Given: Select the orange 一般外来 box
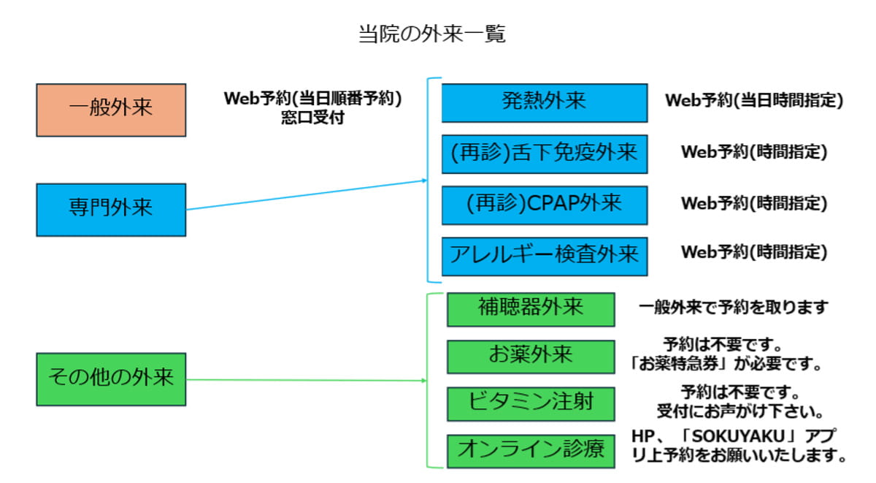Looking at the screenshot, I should pos(111,110).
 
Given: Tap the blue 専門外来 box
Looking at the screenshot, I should pos(111,209).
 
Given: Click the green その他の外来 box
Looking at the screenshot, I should pos(111,379).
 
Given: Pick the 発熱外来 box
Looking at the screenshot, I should pos(544,102).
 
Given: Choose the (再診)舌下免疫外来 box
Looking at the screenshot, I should pos(544,153).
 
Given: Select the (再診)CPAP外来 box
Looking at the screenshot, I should pos(544,205).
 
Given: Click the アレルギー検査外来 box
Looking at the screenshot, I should pos(544,255).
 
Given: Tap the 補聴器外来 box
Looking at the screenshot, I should pos(531,308).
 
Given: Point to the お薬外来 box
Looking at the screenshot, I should pos(531,356).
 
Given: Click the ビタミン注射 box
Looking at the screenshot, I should pos(531,403).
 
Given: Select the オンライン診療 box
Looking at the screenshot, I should pos(531,451).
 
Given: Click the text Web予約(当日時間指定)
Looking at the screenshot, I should pos(753,102).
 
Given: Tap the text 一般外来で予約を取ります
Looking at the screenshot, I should pos(734,308).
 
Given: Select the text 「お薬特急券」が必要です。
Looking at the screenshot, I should pos(726,363).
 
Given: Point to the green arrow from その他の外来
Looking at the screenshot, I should pos(307,380).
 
